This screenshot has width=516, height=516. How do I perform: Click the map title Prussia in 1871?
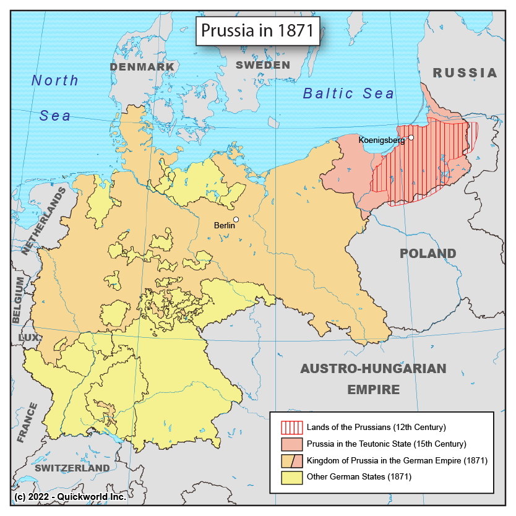[x=259, y=31]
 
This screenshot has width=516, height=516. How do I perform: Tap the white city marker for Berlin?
[x=236, y=219]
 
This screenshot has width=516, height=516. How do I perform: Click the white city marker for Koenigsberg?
[x=410, y=137]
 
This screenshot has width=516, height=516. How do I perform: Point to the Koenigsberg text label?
[x=382, y=140]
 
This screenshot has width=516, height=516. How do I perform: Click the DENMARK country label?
[x=142, y=67]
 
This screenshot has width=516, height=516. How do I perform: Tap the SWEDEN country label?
[x=263, y=65]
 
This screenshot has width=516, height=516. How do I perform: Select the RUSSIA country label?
[x=465, y=73]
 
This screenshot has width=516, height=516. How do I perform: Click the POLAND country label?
[x=428, y=254]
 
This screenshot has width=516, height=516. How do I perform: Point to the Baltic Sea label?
[x=348, y=93]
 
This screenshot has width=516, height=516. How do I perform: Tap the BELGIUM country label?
[x=19, y=300]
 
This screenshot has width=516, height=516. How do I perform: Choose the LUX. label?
[x=30, y=338]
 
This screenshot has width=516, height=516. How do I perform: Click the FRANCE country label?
[x=27, y=423]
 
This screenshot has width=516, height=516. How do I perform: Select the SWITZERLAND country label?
[x=72, y=468]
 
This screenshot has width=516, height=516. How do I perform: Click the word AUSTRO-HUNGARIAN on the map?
[x=372, y=369]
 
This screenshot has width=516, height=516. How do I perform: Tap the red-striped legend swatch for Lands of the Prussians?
[x=291, y=427]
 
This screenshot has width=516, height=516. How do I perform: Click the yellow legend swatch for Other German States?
[x=291, y=477]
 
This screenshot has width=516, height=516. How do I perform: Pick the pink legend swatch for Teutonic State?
[x=291, y=444]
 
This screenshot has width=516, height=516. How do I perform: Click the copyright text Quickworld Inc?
[x=87, y=497]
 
